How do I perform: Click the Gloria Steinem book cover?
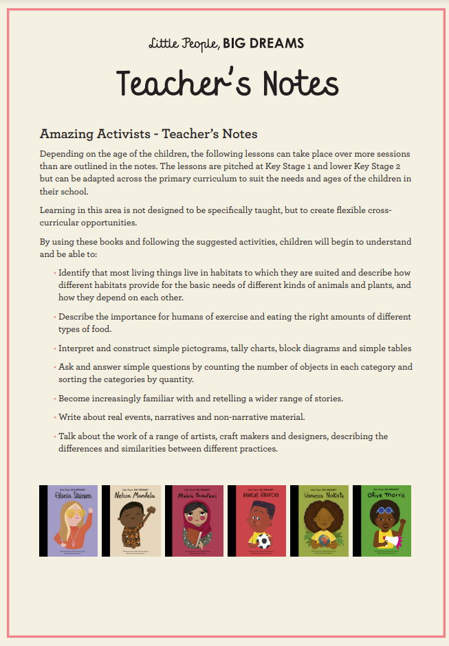click(69, 521)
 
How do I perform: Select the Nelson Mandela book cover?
click(131, 521)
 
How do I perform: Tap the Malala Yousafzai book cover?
click(194, 521)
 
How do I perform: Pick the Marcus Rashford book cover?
click(256, 521)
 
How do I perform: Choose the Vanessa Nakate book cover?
click(319, 521)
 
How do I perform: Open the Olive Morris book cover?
click(382, 521)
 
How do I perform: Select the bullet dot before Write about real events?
click(54, 417)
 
